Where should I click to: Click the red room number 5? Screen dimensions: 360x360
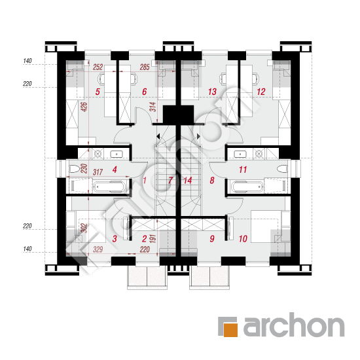tap(98, 92)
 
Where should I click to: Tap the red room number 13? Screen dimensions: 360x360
tap(212, 92)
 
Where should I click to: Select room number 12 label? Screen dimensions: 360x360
tap(261, 92)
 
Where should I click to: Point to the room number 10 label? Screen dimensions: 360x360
tap(243, 239)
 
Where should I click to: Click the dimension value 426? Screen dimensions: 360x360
tap(84, 107)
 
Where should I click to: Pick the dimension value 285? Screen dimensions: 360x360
tap(145, 67)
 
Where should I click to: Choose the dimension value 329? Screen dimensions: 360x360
tap(98, 249)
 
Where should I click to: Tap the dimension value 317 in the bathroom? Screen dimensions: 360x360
tap(98, 172)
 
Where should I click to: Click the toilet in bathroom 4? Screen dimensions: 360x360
tap(74, 170)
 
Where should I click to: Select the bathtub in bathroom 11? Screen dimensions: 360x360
tap(247, 186)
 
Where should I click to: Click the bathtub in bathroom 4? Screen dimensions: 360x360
tap(109, 186)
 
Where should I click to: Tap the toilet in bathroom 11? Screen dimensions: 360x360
tap(282, 170)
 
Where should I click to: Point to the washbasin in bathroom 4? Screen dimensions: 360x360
tap(117, 154)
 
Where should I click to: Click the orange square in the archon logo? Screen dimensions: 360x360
tap(230, 330)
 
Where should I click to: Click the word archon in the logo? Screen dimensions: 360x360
tap(294, 325)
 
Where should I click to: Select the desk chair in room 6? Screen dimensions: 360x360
tap(134, 79)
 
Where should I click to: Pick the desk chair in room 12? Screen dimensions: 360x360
tap(256, 79)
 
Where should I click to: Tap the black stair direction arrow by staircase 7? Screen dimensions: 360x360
tap(158, 137)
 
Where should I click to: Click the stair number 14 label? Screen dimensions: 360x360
tap(188, 181)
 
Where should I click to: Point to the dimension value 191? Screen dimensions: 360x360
tap(153, 239)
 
